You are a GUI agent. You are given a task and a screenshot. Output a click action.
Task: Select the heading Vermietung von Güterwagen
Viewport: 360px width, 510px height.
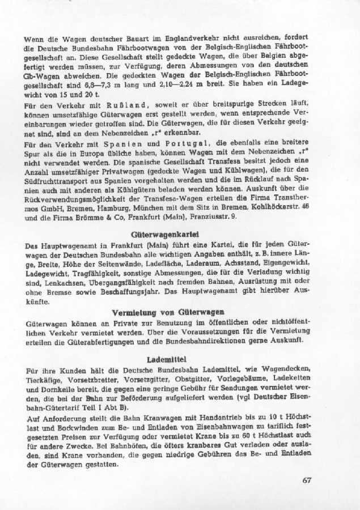pos(168,312)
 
